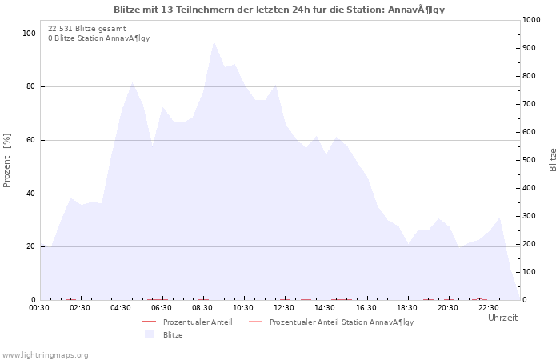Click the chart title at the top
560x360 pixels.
coord(279,10)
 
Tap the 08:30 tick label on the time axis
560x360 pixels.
coord(202,308)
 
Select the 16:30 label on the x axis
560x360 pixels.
coord(366,308)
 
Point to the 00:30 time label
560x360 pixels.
coord(39,308)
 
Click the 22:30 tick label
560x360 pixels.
coord(489,308)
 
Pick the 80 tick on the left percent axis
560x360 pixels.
coord(30,86)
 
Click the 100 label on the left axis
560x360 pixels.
coord(30,34)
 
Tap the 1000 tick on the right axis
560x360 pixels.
coord(531,20)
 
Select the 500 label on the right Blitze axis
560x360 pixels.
coord(530,160)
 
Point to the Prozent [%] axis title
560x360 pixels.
coord(6,160)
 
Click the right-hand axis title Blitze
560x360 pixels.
coord(553,160)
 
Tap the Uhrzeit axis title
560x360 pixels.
coord(503,318)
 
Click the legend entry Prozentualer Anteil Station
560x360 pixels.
coord(342,322)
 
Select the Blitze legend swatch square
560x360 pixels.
coord(149,334)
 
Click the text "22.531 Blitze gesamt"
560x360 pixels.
coord(87,29)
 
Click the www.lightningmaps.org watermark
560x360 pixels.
coord(45,355)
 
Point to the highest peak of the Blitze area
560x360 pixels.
coord(214,42)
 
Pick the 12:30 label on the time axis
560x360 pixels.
coord(284,308)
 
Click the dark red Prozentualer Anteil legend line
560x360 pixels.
coord(150,322)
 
